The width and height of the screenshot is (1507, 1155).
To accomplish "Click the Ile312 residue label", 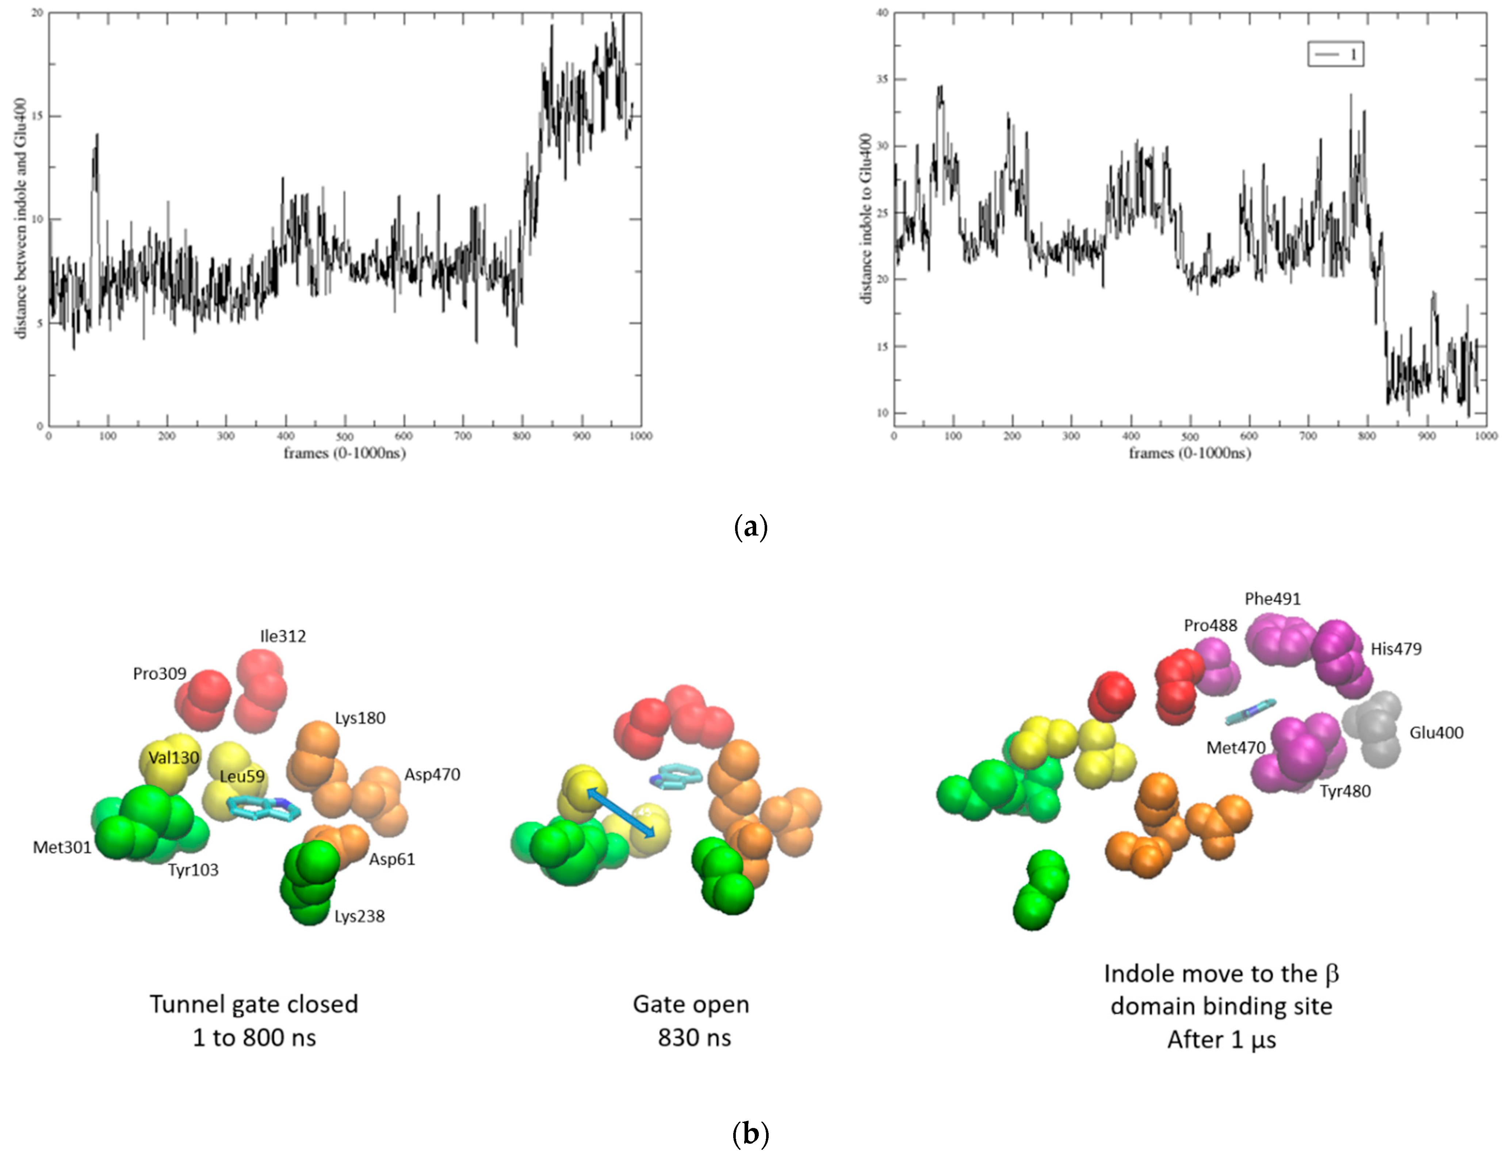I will tap(283, 636).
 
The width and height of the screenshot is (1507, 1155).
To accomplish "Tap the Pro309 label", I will tap(160, 673).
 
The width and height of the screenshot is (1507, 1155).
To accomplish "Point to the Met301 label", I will tap(62, 847).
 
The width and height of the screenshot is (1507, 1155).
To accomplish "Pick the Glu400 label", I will tap(1436, 732).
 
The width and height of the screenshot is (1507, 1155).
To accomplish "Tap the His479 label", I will tap(1396, 648).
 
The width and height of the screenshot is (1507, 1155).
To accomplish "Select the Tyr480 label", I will tap(1345, 791).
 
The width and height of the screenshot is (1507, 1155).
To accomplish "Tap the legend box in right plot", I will tap(1335, 54).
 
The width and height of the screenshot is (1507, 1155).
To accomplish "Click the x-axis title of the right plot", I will tap(1189, 453).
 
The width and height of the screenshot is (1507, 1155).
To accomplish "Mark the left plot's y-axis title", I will tap(21, 219).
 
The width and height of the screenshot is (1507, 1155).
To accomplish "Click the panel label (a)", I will tap(750, 528).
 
